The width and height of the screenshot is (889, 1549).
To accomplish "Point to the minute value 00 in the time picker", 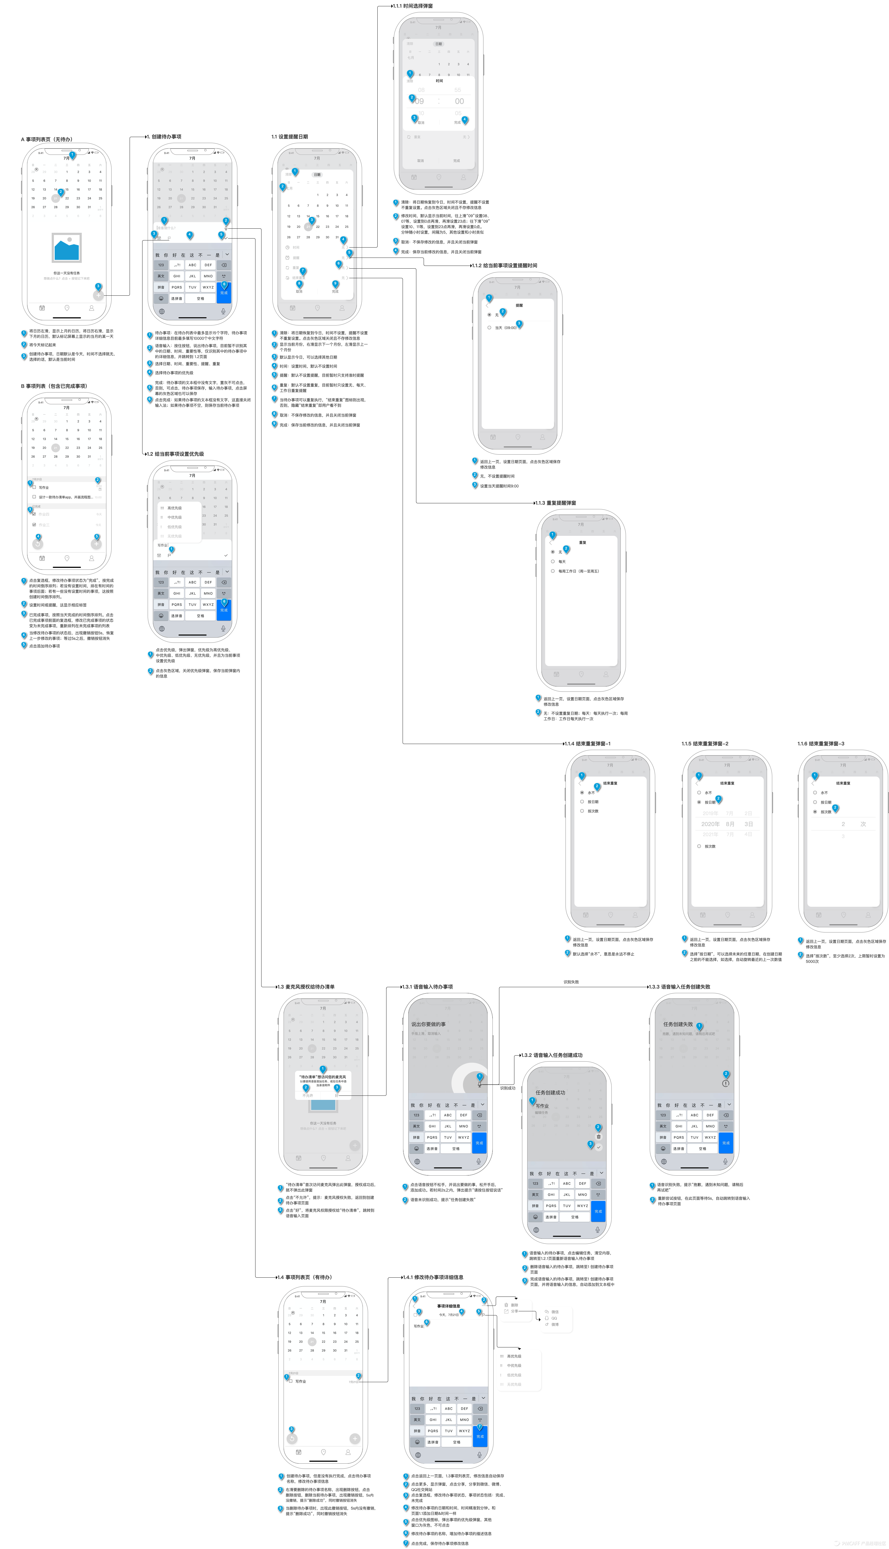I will point(459,101).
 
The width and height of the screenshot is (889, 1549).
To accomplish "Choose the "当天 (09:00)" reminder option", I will point(506,328).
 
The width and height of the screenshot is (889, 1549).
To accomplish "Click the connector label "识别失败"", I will point(571,982).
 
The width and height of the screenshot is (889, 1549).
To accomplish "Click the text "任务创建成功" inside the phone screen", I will point(550,1092).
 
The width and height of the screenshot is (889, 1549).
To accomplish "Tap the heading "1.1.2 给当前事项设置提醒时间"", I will point(506,266).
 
